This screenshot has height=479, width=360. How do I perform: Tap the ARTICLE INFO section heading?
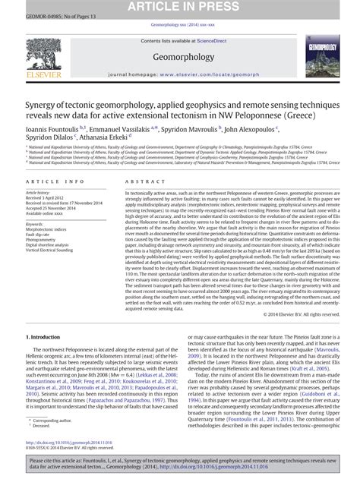click(55, 182)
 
